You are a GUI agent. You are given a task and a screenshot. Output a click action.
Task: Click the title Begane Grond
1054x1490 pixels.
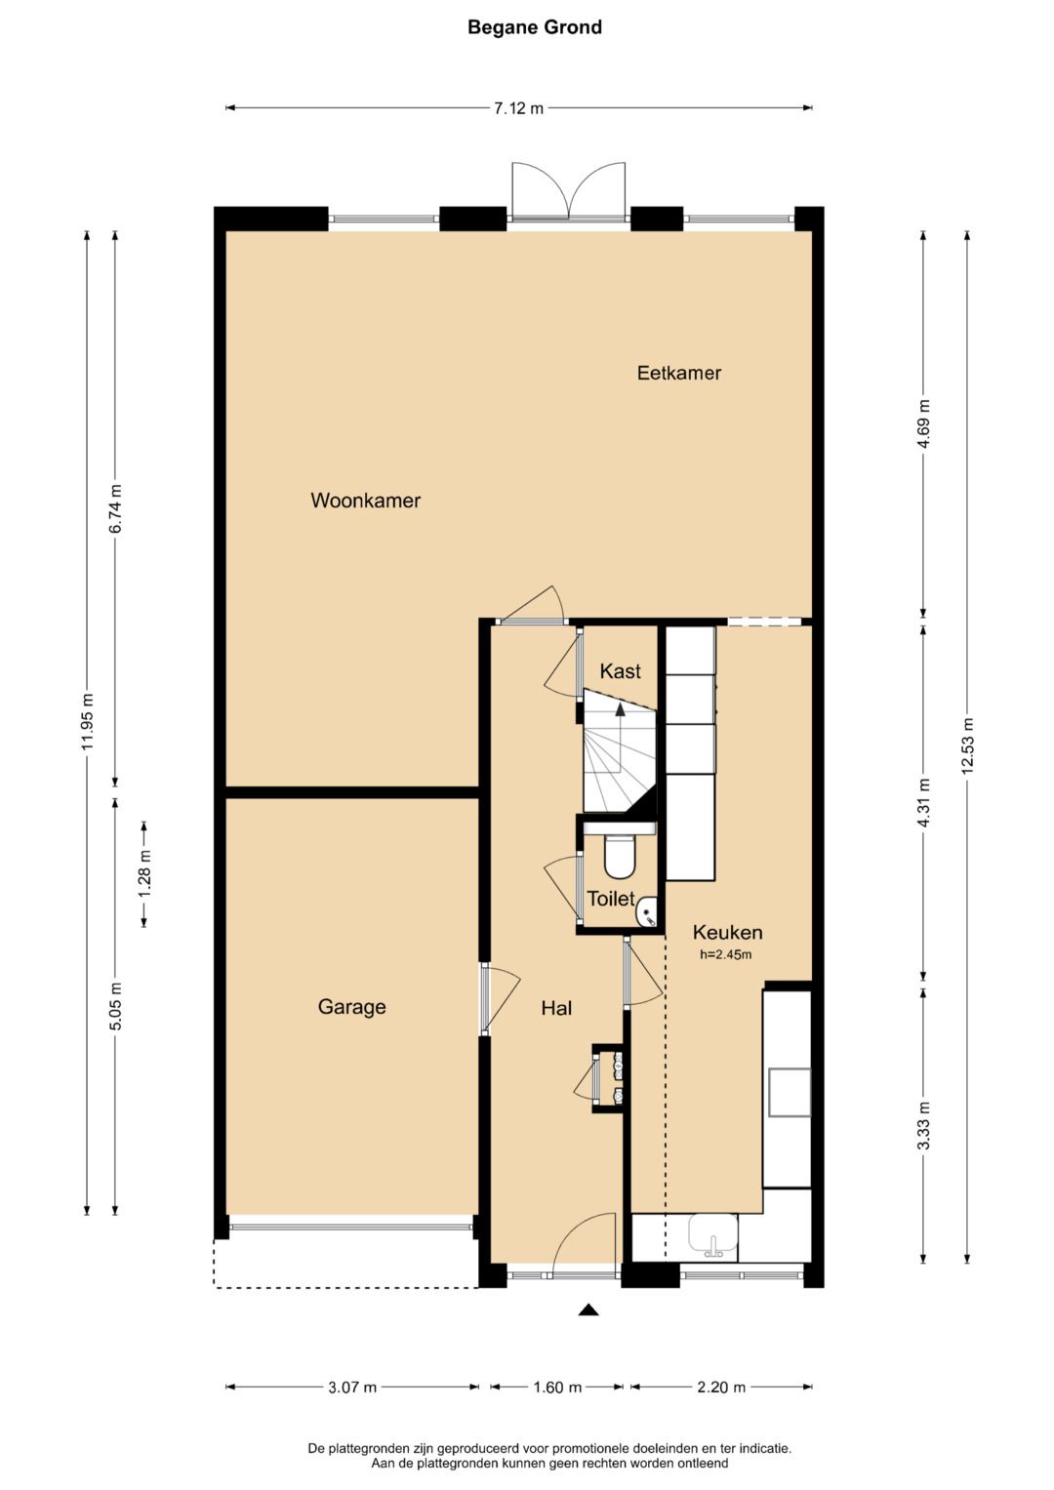click(x=535, y=27)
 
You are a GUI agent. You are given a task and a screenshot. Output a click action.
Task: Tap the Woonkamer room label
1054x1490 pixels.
click(x=365, y=501)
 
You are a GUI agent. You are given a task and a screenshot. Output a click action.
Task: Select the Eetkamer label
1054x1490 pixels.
click(x=678, y=373)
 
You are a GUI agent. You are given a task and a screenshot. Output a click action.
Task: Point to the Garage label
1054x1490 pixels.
click(x=352, y=1006)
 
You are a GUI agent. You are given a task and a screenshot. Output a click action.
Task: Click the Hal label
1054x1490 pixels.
click(x=556, y=1008)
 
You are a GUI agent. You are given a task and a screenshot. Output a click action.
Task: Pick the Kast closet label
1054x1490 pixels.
click(x=620, y=670)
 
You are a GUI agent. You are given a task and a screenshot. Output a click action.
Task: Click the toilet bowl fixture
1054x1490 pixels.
click(x=620, y=856)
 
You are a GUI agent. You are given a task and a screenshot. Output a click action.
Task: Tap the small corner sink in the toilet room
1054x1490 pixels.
click(x=647, y=911)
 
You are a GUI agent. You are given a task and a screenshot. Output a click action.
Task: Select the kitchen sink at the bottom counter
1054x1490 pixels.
click(x=713, y=1234)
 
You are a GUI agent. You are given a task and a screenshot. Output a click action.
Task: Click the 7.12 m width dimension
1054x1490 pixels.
click(x=518, y=107)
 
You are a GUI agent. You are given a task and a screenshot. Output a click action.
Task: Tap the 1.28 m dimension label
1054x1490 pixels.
click(x=144, y=873)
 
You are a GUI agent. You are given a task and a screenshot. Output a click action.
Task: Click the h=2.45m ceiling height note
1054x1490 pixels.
click(x=725, y=954)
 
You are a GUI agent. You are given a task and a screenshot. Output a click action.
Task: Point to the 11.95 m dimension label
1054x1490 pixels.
click(x=87, y=721)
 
